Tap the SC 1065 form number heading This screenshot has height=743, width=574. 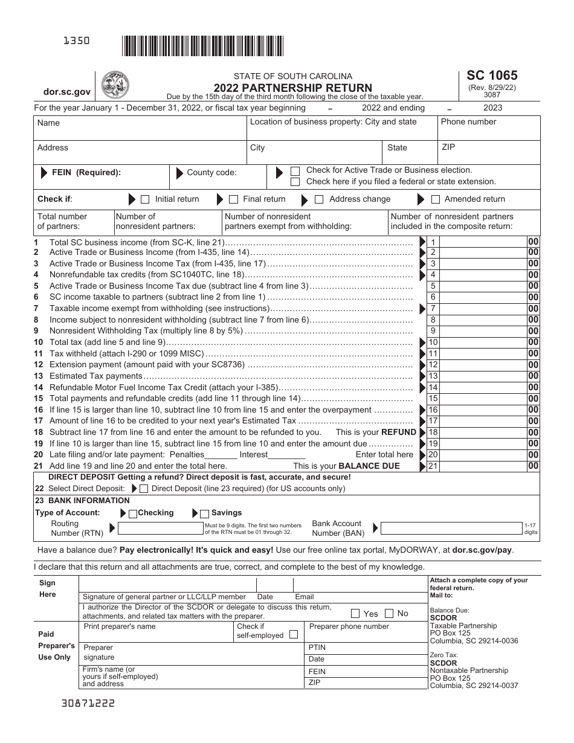click(x=492, y=76)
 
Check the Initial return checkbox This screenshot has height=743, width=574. click(x=145, y=199)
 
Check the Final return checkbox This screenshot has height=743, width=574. click(x=233, y=199)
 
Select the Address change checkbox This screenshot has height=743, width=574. click(x=319, y=199)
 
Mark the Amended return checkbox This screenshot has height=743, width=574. click(x=435, y=199)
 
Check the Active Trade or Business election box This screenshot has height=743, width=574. click(x=295, y=171)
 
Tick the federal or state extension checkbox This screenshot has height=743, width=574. click(x=295, y=182)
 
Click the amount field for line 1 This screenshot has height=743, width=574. click(x=483, y=242)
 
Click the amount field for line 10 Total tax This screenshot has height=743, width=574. click(x=483, y=343)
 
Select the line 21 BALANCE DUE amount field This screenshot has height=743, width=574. click(x=483, y=466)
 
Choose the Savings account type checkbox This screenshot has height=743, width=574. click(x=204, y=513)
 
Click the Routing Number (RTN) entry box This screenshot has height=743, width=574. click(x=161, y=529)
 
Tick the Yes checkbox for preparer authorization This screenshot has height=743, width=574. click(x=356, y=614)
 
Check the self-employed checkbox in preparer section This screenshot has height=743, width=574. click(x=293, y=635)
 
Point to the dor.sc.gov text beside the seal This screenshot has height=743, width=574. click(x=67, y=92)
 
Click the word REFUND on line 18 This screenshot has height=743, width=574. click(x=398, y=433)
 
